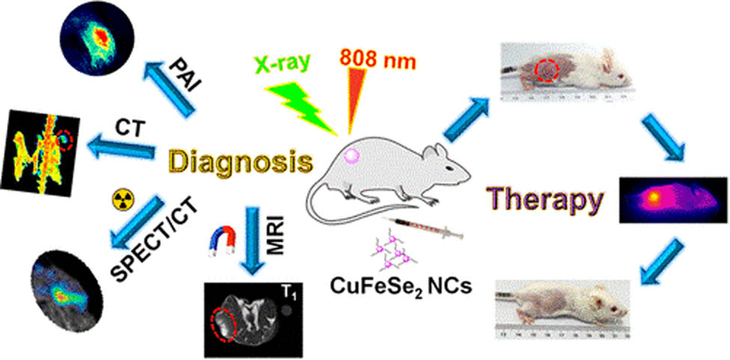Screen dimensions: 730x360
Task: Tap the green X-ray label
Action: coord(282,63)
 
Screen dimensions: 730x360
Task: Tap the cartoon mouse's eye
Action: coord(448,167)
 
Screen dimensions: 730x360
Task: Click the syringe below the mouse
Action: coord(422,227)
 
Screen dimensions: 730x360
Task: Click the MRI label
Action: coord(276,235)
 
